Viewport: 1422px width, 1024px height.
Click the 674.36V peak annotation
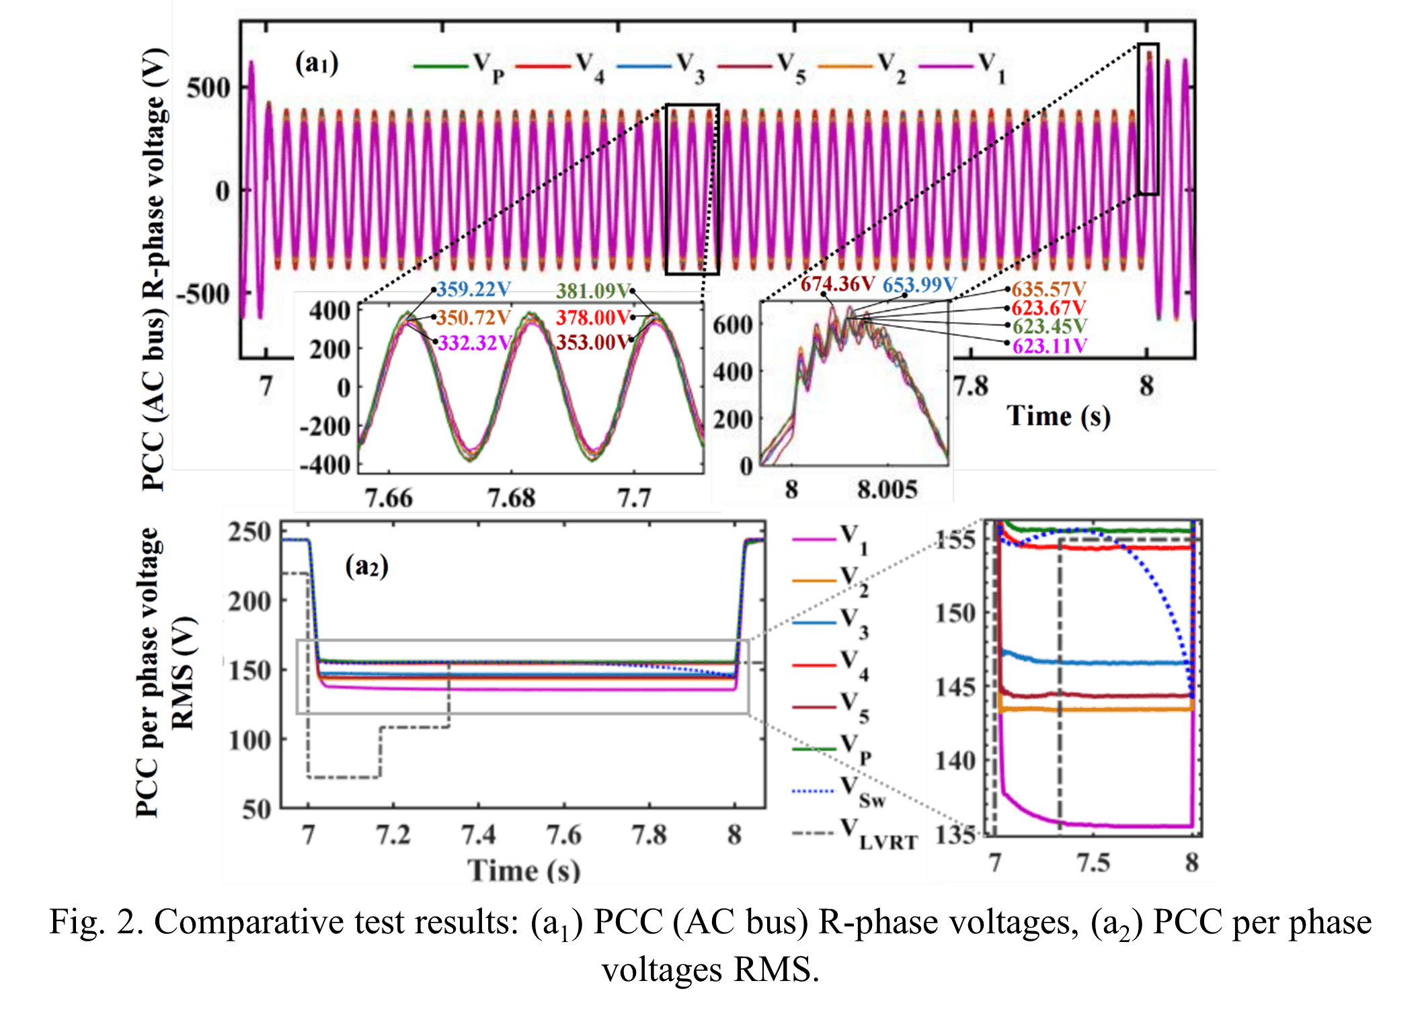click(837, 284)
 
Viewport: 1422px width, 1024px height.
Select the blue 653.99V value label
click(919, 285)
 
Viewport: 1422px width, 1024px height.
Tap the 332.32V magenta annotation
click(475, 343)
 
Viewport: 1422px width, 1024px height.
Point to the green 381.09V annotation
click(592, 291)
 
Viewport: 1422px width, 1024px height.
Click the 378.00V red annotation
click(593, 317)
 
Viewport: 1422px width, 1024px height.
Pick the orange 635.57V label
click(1049, 289)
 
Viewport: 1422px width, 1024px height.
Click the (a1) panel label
click(317, 63)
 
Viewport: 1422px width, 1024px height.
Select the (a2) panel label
click(366, 566)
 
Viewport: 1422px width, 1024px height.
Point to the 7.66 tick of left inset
click(389, 498)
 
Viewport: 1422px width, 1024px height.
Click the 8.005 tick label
click(887, 489)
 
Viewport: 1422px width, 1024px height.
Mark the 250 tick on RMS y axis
click(249, 532)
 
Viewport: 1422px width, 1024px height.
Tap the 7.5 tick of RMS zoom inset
click(1093, 862)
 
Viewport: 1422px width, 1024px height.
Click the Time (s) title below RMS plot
click(524, 870)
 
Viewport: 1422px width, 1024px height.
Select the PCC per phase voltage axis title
click(147, 672)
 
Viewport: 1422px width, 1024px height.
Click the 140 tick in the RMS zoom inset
click(955, 761)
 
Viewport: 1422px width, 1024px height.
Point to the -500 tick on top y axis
click(203, 294)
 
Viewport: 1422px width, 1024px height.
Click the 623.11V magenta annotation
click(1050, 346)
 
